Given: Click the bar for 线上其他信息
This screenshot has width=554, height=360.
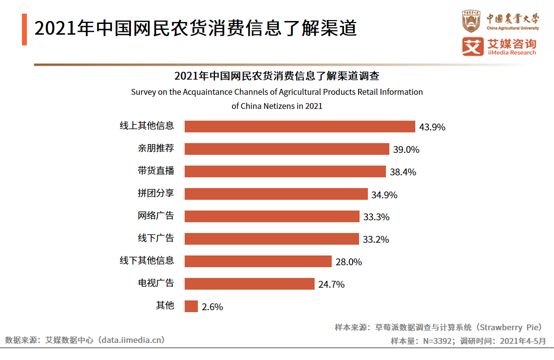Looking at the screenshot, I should (x=299, y=127).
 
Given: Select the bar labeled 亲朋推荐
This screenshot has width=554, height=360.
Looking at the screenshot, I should (x=287, y=149).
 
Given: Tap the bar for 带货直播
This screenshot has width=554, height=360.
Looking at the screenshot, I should (x=285, y=171).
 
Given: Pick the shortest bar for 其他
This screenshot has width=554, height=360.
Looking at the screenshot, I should (x=191, y=306).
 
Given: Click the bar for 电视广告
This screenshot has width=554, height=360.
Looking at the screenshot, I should (x=249, y=284).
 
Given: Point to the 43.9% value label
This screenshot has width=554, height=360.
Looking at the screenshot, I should (x=432, y=127).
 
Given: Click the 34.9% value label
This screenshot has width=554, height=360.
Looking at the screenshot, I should (x=384, y=195).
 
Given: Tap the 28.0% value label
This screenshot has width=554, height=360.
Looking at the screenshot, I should (x=348, y=262).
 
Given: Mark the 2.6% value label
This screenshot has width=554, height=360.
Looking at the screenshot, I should (x=212, y=307).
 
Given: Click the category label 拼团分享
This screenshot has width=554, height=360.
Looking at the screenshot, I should (x=155, y=193).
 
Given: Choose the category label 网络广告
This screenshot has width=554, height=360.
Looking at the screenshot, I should (x=155, y=215).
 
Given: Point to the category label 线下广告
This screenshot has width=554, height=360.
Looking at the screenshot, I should (x=155, y=238).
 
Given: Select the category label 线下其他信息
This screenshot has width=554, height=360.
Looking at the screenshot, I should (x=147, y=260).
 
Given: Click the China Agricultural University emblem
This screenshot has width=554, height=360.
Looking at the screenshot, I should (x=471, y=21).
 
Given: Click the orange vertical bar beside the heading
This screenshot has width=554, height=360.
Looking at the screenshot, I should (x=24, y=29).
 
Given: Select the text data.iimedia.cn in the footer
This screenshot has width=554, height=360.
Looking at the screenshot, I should (x=131, y=340).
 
